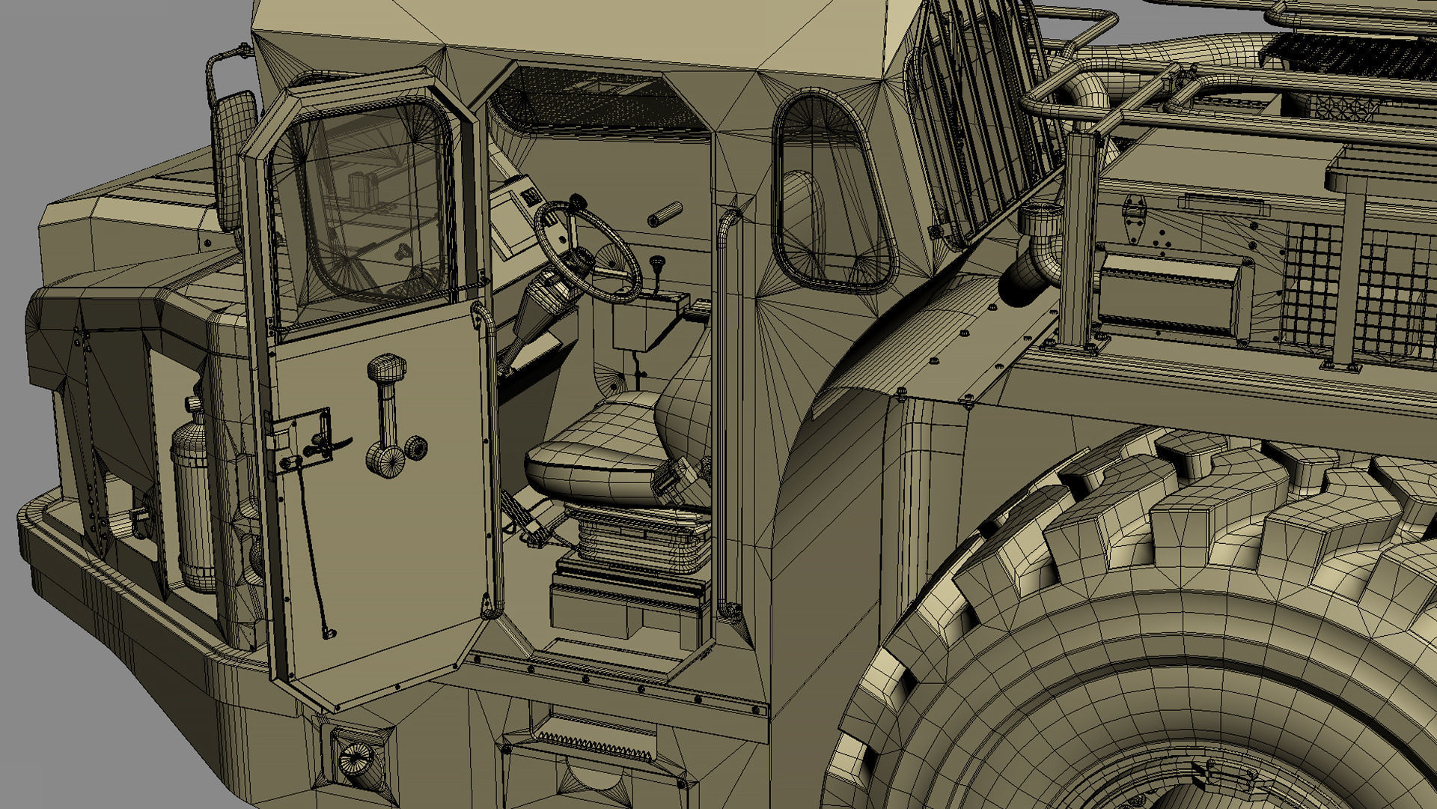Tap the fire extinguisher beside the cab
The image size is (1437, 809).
coord(193,494)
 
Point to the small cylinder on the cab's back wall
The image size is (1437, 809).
coord(665,213)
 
